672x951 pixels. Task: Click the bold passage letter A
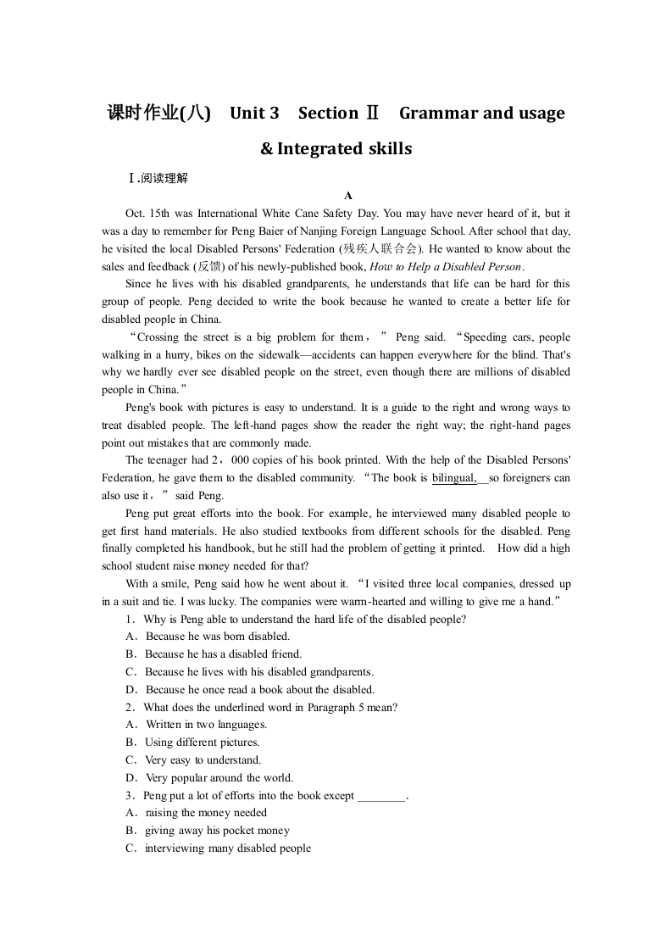point(336,195)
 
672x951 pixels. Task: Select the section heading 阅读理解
point(164,178)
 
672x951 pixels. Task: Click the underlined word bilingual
point(454,478)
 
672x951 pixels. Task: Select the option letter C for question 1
point(131,672)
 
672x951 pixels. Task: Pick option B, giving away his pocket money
point(216,831)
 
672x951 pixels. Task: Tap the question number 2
point(129,707)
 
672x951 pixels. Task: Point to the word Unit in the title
point(247,113)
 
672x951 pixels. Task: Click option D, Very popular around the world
point(219,778)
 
